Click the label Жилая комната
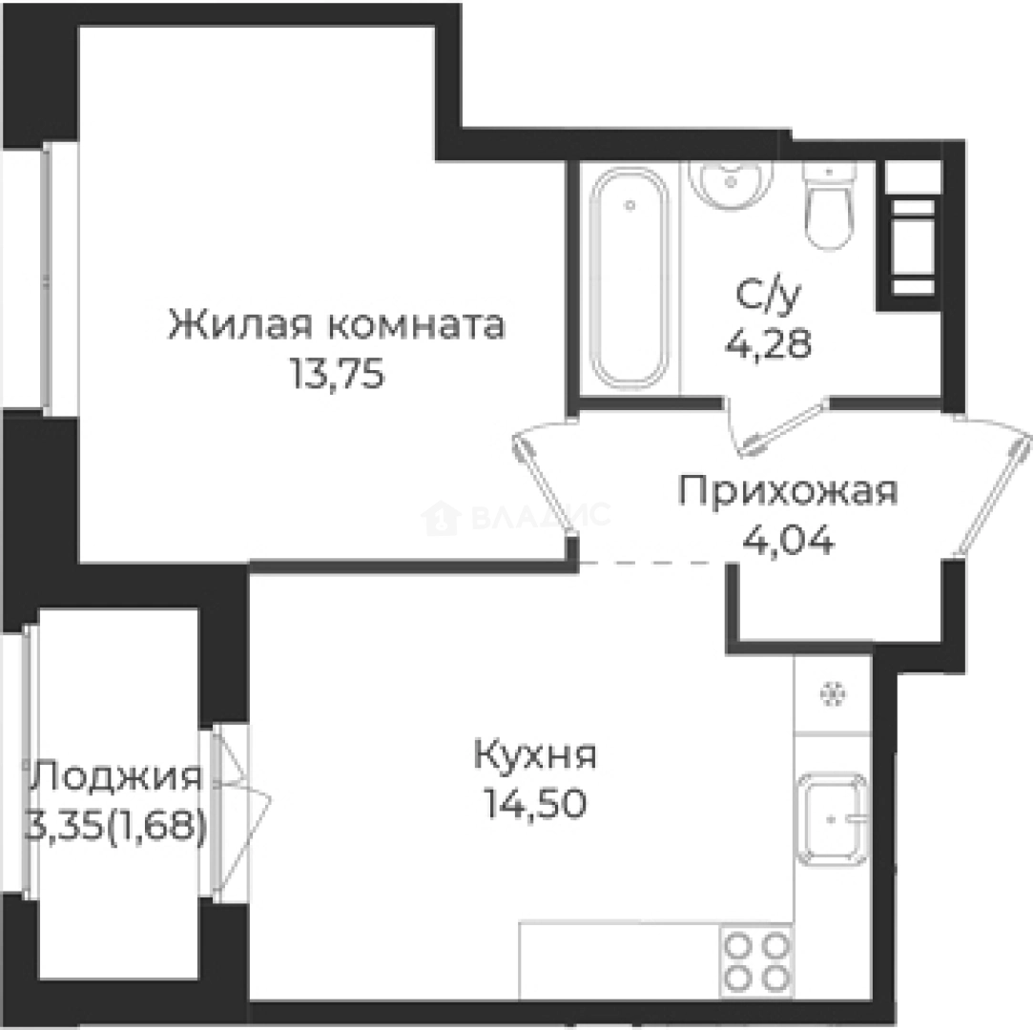click(337, 326)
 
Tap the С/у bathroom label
click(765, 296)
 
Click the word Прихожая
click(788, 494)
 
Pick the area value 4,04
click(788, 541)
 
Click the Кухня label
click(535, 757)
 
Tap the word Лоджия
click(115, 777)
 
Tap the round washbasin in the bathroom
click(731, 181)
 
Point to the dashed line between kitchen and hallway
click(653, 563)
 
